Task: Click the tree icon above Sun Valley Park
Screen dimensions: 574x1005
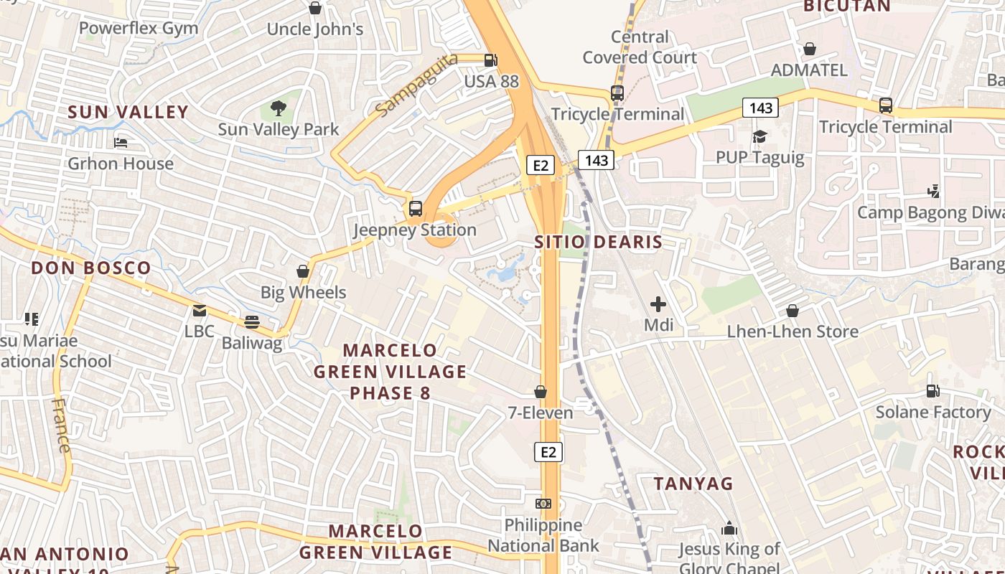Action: click(x=279, y=109)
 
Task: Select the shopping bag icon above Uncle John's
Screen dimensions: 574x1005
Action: click(x=314, y=9)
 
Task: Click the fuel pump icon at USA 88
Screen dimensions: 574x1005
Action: click(x=491, y=61)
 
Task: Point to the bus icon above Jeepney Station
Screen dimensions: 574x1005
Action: click(x=416, y=209)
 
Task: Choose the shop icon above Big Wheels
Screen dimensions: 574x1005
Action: click(x=303, y=272)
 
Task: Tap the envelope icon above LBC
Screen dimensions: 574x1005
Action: click(x=200, y=311)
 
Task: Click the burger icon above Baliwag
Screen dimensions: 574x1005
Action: click(x=251, y=322)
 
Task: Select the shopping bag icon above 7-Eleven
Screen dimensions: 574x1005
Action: click(x=541, y=392)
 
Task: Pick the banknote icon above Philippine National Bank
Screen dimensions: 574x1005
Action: click(x=543, y=504)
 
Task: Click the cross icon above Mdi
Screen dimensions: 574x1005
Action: click(x=658, y=304)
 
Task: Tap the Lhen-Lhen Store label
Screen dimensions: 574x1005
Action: click(x=793, y=331)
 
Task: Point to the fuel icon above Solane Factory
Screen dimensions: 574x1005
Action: click(x=932, y=391)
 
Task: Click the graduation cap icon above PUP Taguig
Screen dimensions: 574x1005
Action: click(x=759, y=136)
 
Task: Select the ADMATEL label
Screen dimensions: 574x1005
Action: click(x=809, y=70)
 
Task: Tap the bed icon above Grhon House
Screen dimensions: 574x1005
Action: click(x=121, y=143)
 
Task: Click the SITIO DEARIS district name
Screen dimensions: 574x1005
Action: click(x=598, y=242)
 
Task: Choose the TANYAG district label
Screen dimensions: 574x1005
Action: click(x=693, y=484)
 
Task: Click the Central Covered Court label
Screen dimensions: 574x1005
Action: click(x=640, y=47)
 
